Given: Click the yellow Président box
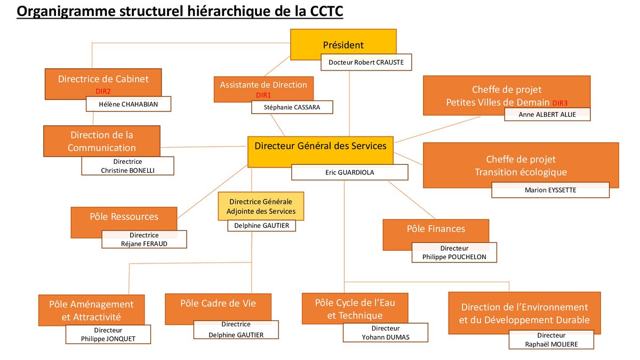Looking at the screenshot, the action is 343,44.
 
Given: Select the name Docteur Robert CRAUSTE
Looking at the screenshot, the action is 366,62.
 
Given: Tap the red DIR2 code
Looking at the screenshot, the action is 103,91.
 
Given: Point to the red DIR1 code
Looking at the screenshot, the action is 263,95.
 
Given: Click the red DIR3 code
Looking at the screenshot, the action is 560,103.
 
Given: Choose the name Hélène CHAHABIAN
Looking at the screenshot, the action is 129,105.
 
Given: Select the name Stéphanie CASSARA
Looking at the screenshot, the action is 292,107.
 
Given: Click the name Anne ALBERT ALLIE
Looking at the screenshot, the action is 547,115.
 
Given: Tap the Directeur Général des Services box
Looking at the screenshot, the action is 321,151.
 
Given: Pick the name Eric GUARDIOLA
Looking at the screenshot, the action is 350,173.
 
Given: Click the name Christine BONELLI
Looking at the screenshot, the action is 127,171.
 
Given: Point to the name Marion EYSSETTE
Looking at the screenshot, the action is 550,190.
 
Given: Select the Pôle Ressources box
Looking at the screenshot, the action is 124,222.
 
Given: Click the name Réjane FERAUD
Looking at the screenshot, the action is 144,244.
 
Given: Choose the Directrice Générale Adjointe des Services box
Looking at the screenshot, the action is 261,206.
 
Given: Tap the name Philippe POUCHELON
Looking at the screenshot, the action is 454,257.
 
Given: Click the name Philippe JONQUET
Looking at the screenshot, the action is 108,339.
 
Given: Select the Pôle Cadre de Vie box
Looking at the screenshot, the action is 218,309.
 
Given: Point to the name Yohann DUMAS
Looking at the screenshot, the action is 386,337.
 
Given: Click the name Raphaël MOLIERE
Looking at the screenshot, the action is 551,345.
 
